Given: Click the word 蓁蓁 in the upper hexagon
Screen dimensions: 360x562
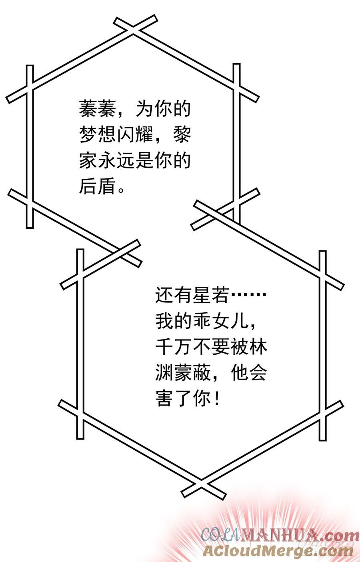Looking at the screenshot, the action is coord(98,109).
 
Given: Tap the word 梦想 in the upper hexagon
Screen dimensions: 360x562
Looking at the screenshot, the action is coord(98,135).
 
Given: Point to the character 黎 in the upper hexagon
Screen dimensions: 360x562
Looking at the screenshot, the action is coord(182,135).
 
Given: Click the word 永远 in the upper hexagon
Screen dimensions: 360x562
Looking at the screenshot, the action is coord(116,160).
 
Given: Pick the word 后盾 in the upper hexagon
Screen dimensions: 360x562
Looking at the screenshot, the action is coord(98,186).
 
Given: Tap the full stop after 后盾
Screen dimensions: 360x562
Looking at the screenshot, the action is coord(121,190).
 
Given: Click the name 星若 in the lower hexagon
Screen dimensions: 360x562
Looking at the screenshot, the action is coord(211,295).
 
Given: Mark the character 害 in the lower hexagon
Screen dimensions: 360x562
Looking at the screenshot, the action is coord(164,398).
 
